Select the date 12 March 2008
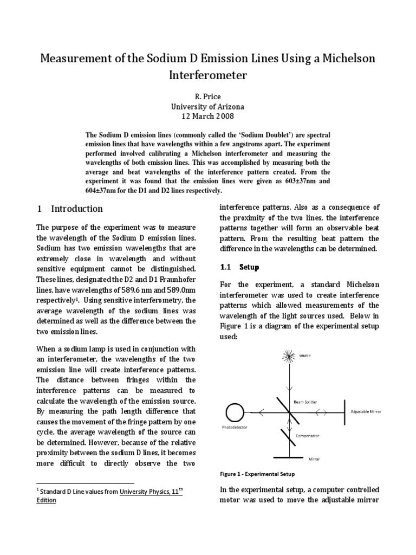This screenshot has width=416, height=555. pos(208,116)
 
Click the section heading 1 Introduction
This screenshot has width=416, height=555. pos(69,209)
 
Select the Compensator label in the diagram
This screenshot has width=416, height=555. pos(307,435)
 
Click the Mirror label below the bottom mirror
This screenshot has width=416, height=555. pos(314,459)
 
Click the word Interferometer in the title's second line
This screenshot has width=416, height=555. pos(208,75)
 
